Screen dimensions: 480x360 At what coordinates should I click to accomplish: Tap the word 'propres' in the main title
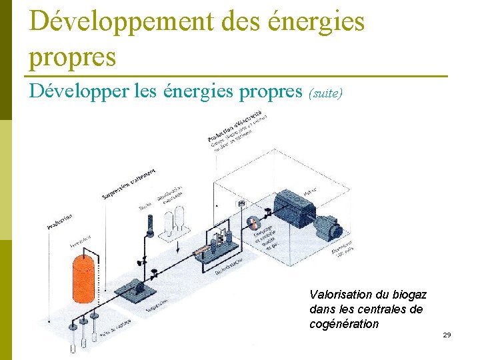(73, 56)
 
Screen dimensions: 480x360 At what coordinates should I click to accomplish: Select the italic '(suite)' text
(325, 94)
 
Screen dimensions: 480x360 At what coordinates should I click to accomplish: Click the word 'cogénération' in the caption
(344, 325)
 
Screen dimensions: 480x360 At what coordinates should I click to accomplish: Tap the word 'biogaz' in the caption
(409, 294)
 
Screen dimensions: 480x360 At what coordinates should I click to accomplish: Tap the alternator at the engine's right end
(328, 226)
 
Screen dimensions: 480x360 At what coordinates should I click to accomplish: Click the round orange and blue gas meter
(252, 222)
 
